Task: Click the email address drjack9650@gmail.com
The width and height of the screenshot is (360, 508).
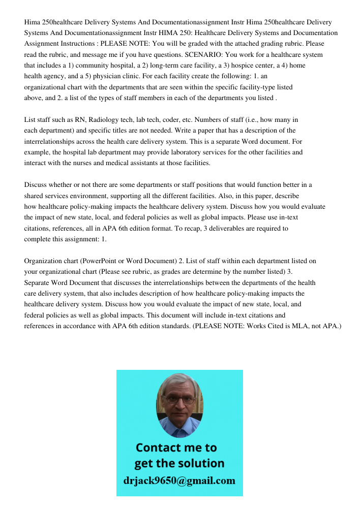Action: (179, 480)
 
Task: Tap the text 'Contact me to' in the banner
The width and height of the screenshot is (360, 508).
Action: (176, 448)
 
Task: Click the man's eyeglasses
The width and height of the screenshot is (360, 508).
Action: (179, 399)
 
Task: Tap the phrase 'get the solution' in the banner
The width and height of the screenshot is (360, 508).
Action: (179, 463)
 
